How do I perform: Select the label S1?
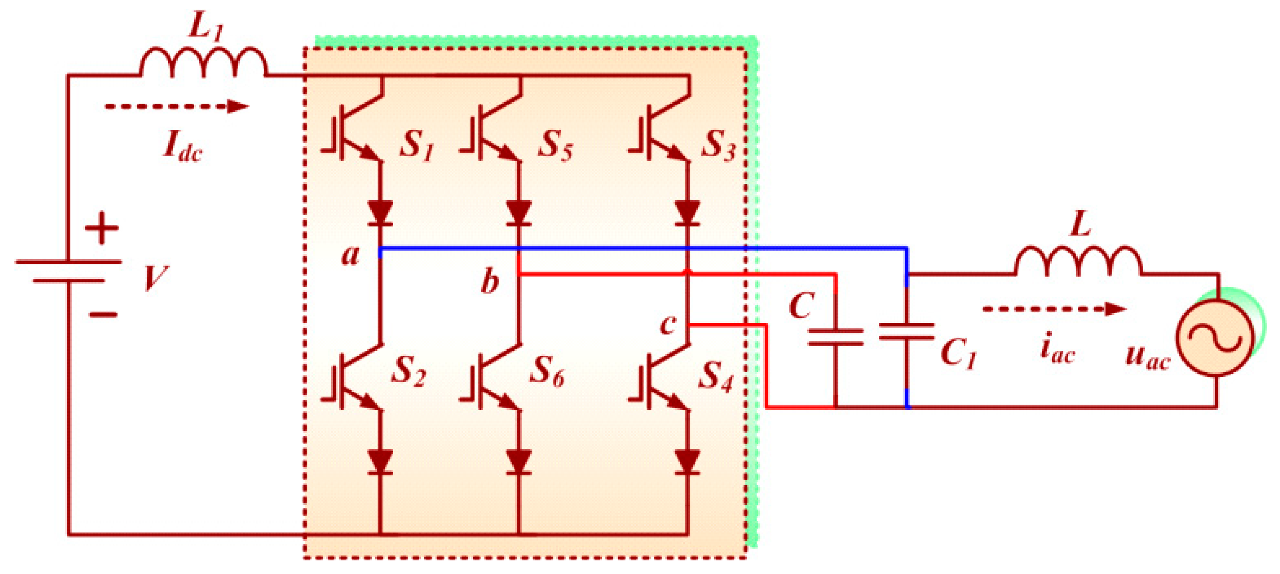pyautogui.click(x=416, y=146)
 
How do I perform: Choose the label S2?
pyautogui.click(x=408, y=372)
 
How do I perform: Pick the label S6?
pyautogui.click(x=547, y=372)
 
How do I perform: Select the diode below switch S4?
pyautogui.click(x=688, y=462)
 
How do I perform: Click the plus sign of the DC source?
pyautogui.click(x=101, y=229)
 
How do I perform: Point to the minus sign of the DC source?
pyautogui.click(x=103, y=314)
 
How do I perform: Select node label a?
pyautogui.click(x=350, y=255)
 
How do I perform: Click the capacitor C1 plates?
pyautogui.click(x=907, y=332)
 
